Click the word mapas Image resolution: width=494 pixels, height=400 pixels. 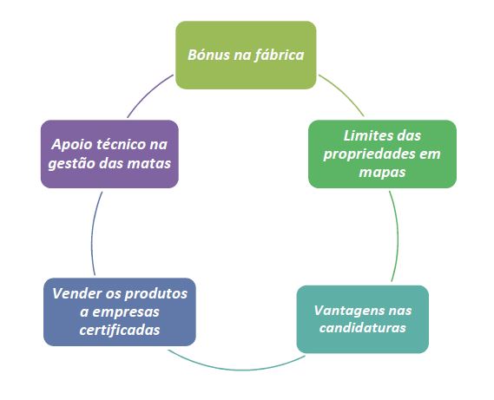point(382,173)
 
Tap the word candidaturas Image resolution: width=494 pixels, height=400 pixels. point(363,328)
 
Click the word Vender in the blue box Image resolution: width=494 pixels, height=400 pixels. point(76,293)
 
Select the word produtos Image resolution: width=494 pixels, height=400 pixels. point(156,294)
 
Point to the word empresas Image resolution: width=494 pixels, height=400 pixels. point(126,312)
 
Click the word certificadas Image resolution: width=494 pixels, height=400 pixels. point(120,330)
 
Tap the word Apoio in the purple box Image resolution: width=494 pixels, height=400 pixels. point(71,145)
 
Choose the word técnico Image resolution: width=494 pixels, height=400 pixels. point(121,144)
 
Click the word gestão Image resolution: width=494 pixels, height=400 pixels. point(72,164)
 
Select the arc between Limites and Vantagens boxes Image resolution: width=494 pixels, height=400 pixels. point(397,236)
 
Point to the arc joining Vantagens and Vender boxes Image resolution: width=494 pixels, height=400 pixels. point(236,370)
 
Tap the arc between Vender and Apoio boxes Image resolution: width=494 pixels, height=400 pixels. point(92,234)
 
